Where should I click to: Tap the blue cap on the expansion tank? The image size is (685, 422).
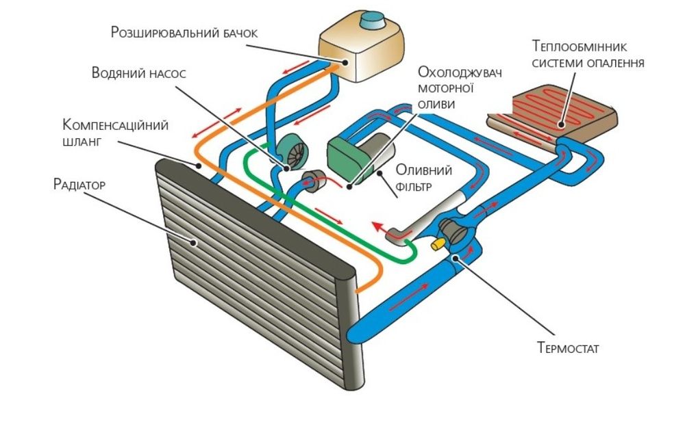tap(375, 21)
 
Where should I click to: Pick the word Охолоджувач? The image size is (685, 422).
tap(457, 73)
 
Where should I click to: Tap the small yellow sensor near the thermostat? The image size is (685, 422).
tap(435, 243)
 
